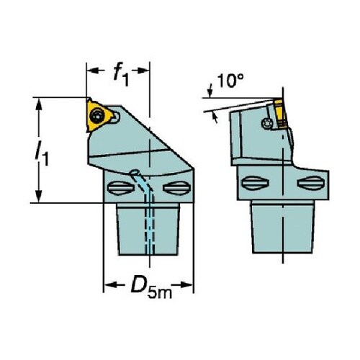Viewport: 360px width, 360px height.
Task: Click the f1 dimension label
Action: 122,74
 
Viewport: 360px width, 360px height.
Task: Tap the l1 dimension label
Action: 42,153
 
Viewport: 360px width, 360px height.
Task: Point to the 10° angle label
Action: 230,81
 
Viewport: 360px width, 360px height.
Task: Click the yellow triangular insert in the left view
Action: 98,115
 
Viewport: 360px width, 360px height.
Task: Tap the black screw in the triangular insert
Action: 99,116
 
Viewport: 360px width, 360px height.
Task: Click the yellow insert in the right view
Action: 280,114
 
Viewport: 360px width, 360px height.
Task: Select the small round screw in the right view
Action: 266,123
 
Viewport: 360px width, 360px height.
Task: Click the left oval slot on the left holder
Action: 120,188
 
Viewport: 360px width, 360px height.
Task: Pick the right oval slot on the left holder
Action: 177,188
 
